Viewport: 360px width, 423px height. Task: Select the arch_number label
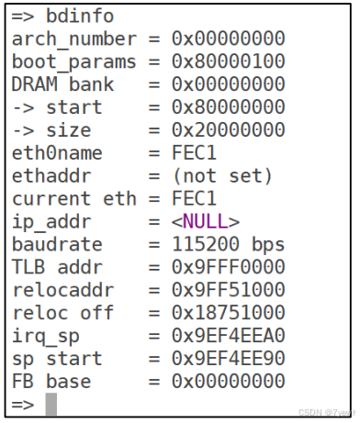tap(66, 39)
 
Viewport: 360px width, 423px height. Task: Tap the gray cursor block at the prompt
tap(51, 403)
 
